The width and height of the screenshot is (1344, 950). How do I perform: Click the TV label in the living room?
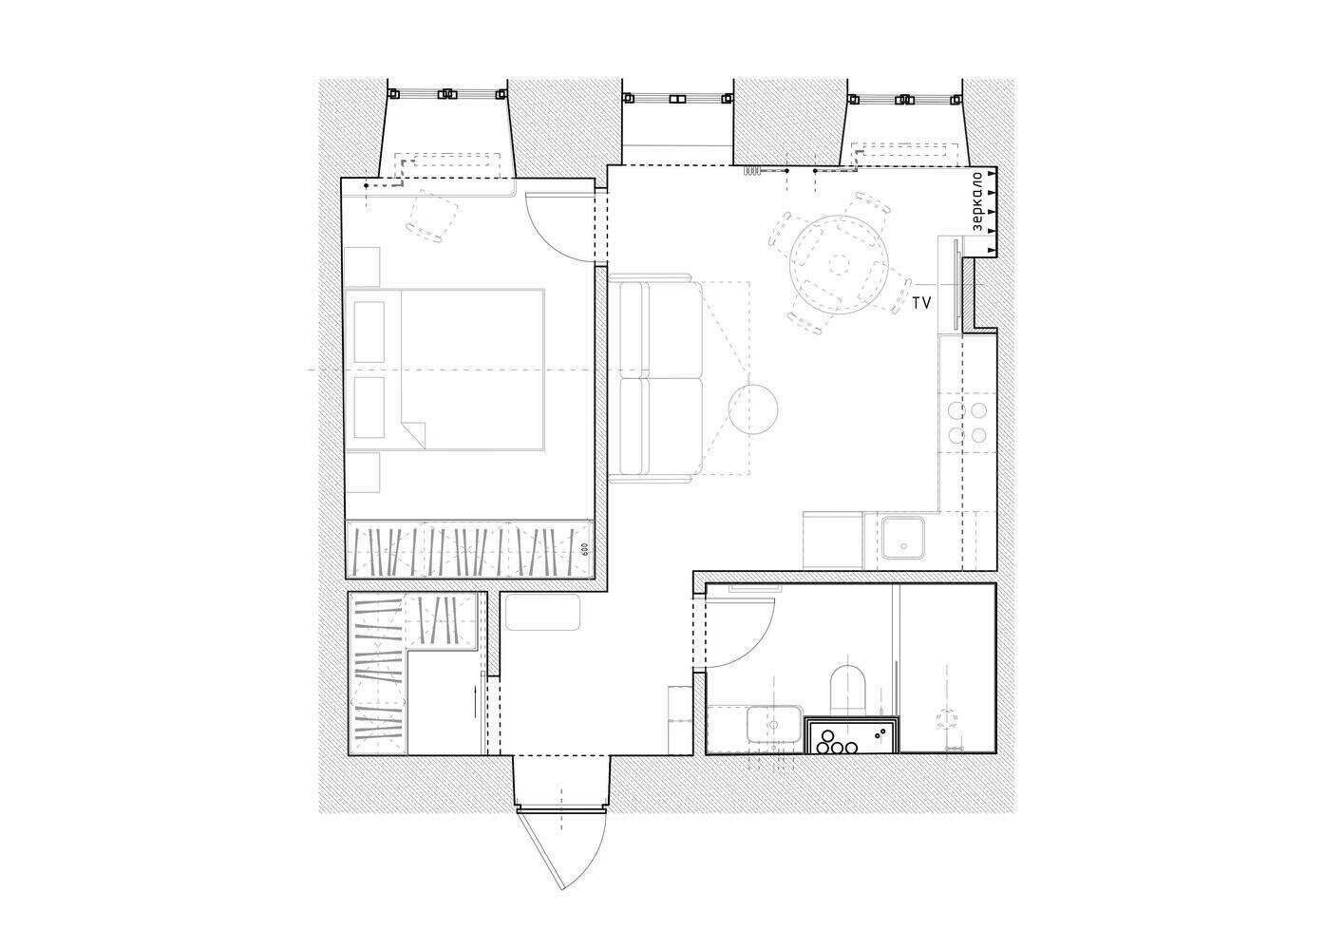(921, 304)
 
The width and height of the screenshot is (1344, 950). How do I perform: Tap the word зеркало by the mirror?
(977, 203)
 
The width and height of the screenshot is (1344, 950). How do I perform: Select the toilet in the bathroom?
(848, 690)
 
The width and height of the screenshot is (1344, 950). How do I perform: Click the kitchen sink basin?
(902, 538)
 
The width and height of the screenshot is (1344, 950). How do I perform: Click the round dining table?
(839, 263)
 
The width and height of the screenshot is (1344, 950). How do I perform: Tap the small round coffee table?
(753, 409)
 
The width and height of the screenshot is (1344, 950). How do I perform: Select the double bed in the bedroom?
(445, 370)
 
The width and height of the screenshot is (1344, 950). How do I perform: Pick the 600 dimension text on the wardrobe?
(584, 550)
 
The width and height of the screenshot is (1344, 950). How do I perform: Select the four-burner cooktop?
(967, 423)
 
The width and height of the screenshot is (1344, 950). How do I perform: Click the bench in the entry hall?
(542, 612)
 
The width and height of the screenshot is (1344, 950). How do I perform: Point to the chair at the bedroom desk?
(433, 216)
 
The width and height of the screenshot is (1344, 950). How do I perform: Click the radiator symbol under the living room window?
(752, 171)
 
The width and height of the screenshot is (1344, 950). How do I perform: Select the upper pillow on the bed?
(369, 332)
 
